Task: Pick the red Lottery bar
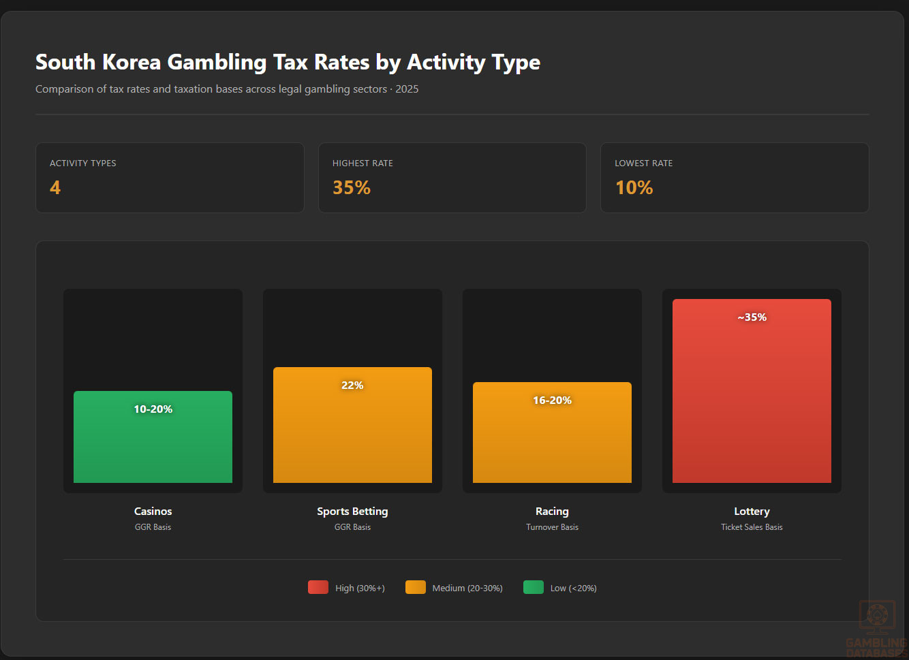click(752, 402)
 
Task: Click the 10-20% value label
click(153, 409)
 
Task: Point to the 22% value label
click(352, 385)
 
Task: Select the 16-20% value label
click(552, 400)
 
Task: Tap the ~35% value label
click(752, 317)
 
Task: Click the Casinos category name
click(153, 511)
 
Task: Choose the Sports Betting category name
click(352, 511)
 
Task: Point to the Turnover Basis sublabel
click(552, 527)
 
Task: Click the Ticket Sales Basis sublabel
click(752, 527)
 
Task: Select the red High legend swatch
click(318, 587)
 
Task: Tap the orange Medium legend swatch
click(415, 587)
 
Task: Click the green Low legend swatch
click(533, 587)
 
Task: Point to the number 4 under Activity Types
click(55, 187)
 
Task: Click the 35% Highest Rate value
click(351, 187)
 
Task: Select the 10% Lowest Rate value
click(634, 187)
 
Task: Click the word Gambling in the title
click(217, 62)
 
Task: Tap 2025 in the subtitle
click(407, 89)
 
